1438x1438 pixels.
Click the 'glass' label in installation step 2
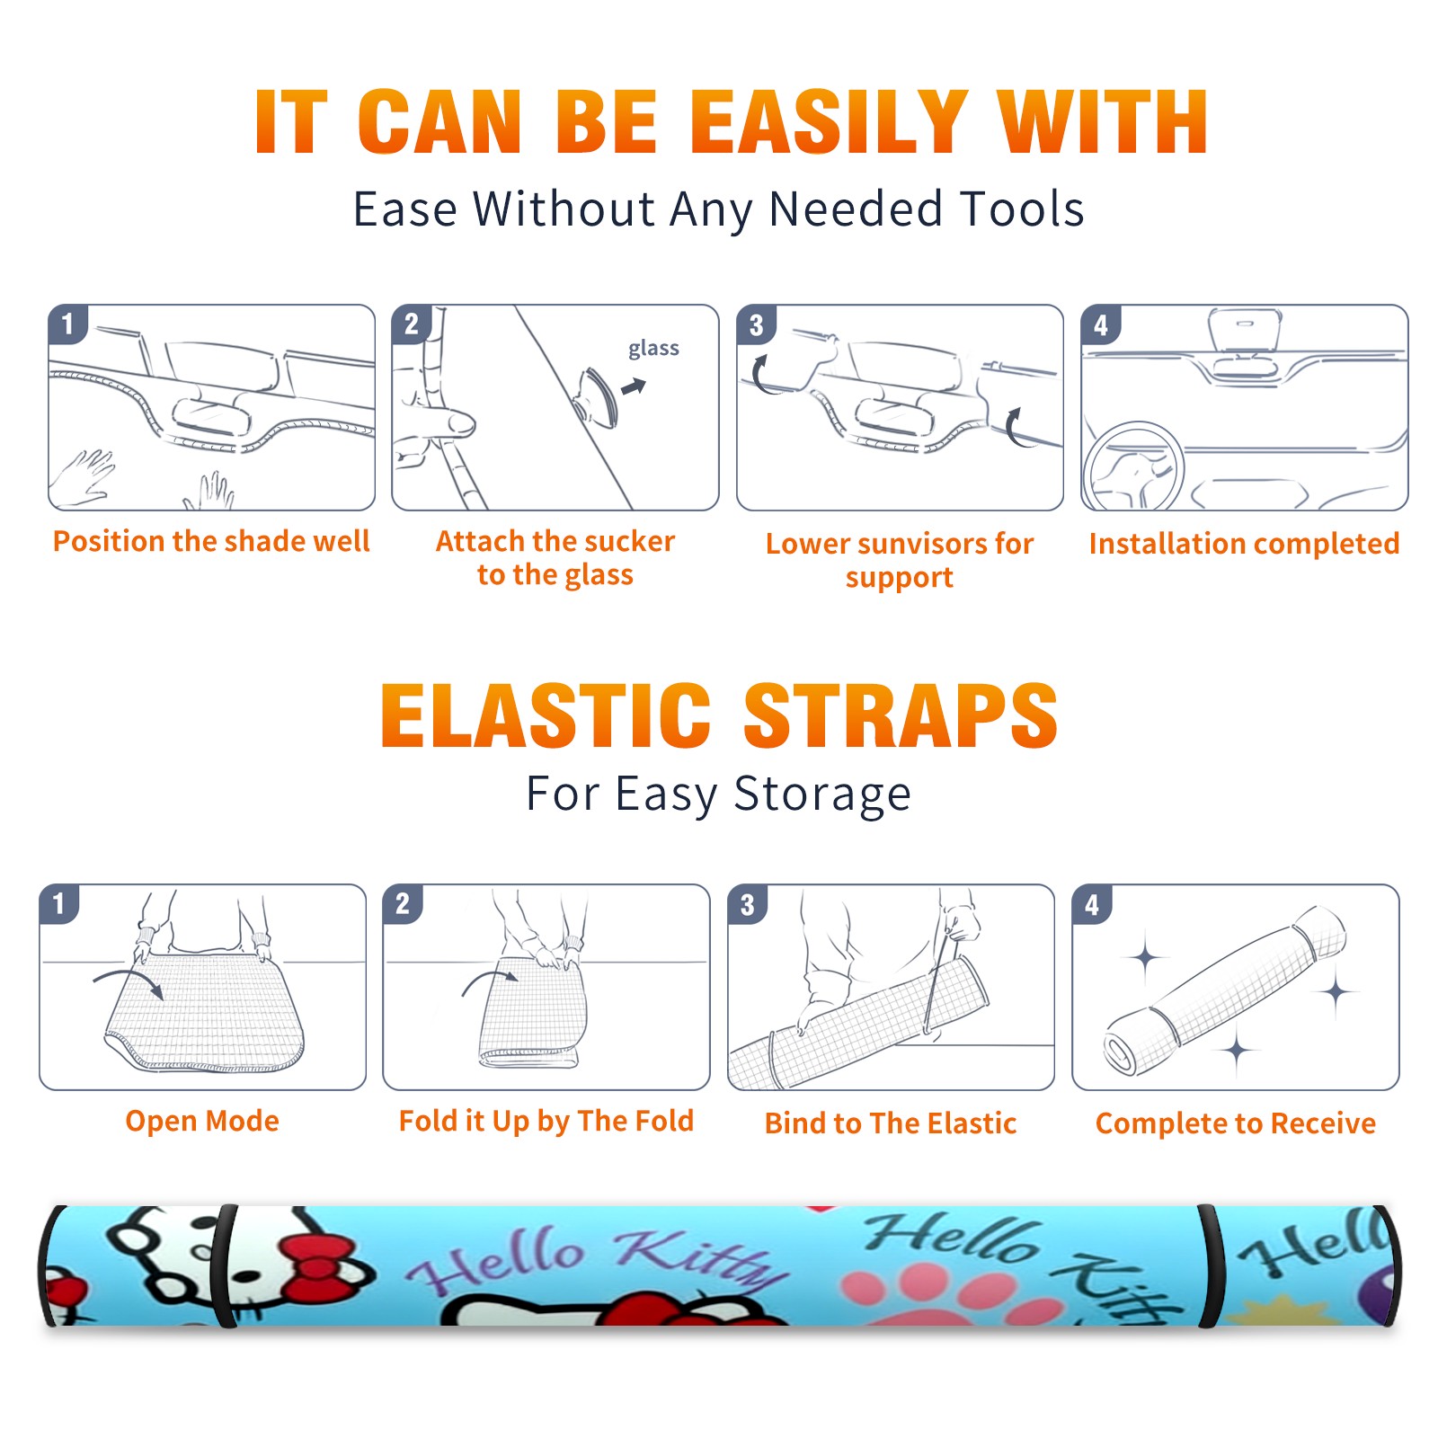click(653, 348)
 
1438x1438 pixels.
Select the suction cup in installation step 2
click(598, 396)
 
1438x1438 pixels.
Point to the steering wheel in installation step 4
click(1133, 467)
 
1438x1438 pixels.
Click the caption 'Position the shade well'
click(211, 541)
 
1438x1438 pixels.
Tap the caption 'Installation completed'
click(1244, 544)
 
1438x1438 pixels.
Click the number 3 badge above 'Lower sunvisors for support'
click(756, 324)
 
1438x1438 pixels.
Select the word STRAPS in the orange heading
click(901, 715)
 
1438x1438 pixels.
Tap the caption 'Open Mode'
click(202, 1121)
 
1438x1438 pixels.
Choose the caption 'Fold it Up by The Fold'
click(546, 1121)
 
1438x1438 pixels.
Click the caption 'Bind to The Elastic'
click(891, 1123)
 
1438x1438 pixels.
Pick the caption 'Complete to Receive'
click(1236, 1123)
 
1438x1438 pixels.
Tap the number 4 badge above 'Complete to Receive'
click(1092, 904)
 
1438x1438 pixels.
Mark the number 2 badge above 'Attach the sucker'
click(411, 324)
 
